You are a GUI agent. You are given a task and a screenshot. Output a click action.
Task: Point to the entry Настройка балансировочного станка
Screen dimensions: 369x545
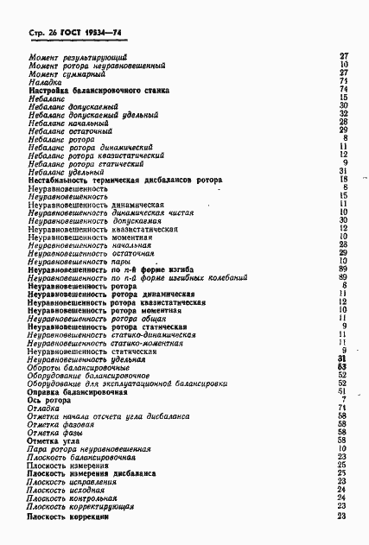(x=98, y=90)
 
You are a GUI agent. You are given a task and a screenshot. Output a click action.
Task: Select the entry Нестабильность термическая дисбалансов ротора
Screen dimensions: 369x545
(x=125, y=180)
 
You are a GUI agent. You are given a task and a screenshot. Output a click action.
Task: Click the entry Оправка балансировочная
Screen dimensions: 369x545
(x=78, y=391)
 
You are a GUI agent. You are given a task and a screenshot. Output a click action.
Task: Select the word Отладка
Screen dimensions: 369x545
(x=44, y=408)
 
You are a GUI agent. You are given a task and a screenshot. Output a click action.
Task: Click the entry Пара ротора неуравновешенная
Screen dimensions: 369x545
(x=89, y=449)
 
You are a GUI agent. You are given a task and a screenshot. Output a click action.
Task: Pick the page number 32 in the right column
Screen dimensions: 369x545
(x=343, y=113)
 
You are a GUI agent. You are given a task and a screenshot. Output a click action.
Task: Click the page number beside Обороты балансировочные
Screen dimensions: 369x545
(x=343, y=367)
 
